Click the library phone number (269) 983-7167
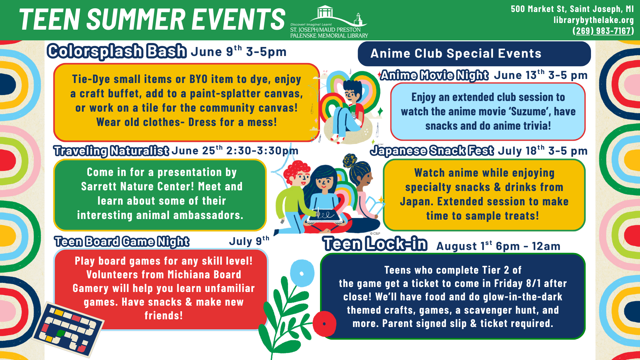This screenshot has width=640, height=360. point(603,31)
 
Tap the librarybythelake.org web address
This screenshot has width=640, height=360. point(594,20)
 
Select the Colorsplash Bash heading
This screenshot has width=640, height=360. point(117,51)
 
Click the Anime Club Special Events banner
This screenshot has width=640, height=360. point(474,54)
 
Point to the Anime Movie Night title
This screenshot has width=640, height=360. point(434,75)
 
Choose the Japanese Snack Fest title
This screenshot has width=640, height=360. point(432,151)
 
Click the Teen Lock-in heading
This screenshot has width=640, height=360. point(375,244)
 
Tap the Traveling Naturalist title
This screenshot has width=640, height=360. point(111,151)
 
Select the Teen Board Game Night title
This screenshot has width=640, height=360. point(122,241)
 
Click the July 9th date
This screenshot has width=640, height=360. point(249,241)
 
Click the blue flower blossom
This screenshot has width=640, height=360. point(302,273)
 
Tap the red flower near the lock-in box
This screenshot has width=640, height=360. point(324,324)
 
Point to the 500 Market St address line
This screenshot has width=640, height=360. point(572,9)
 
